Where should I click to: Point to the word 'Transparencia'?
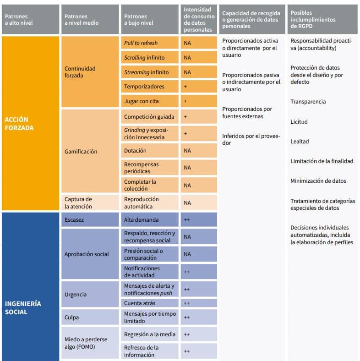click(308, 102)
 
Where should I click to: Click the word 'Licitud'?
click(299, 122)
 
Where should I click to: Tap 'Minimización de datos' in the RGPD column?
click(318, 181)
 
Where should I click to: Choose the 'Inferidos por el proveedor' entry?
click(251, 139)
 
